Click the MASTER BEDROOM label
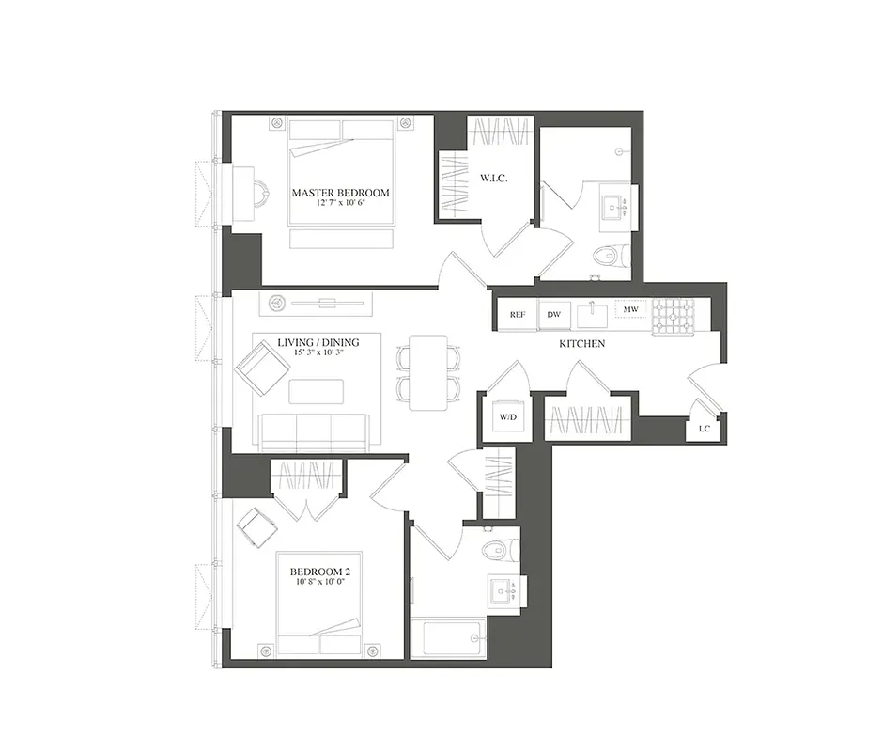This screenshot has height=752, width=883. click(340, 193)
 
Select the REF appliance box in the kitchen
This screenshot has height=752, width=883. click(518, 315)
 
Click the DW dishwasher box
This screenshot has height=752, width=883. click(554, 315)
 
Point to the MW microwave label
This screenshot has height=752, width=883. click(631, 308)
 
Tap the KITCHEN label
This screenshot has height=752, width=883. click(581, 344)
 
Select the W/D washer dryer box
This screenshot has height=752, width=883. click(507, 415)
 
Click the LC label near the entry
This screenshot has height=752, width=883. click(704, 429)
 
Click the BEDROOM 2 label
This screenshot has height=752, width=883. click(320, 572)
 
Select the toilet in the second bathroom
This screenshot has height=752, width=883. click(492, 549)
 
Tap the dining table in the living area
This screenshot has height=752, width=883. click(429, 373)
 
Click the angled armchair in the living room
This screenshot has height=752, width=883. click(260, 367)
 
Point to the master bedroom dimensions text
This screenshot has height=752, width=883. click(340, 205)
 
